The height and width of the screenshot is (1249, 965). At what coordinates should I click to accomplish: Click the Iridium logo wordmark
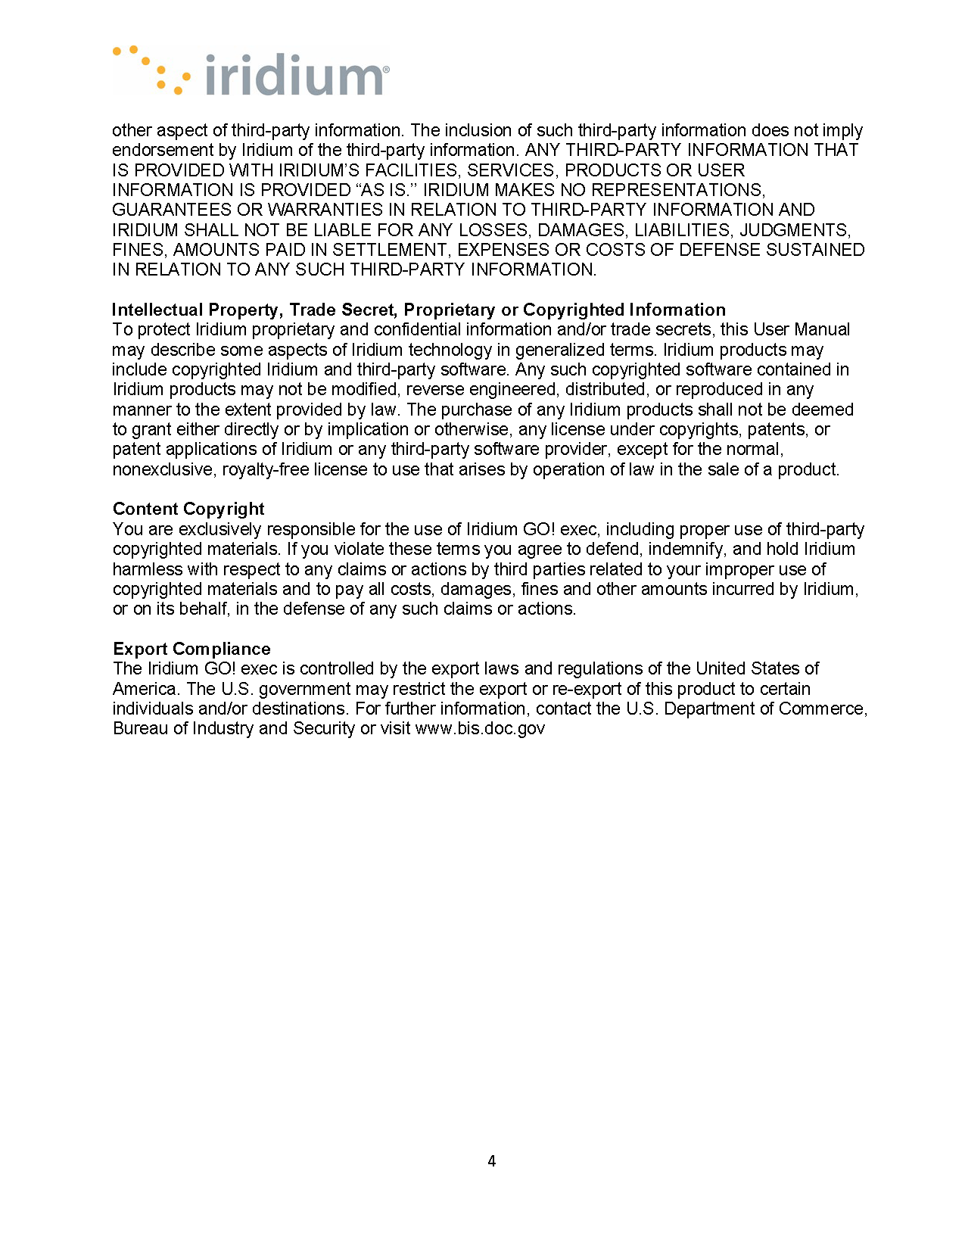click(x=295, y=76)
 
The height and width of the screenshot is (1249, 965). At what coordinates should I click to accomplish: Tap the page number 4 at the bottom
click(x=492, y=1161)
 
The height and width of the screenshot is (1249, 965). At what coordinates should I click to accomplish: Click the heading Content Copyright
click(x=188, y=509)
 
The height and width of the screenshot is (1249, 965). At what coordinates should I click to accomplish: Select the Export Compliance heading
click(x=191, y=649)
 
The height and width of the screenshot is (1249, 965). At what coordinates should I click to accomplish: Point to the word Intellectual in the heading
click(x=157, y=310)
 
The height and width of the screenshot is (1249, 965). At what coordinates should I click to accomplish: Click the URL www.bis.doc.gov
click(x=480, y=728)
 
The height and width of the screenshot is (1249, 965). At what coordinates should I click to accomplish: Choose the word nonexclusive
click(x=163, y=469)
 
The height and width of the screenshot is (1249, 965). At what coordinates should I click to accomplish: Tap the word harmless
click(x=148, y=569)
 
